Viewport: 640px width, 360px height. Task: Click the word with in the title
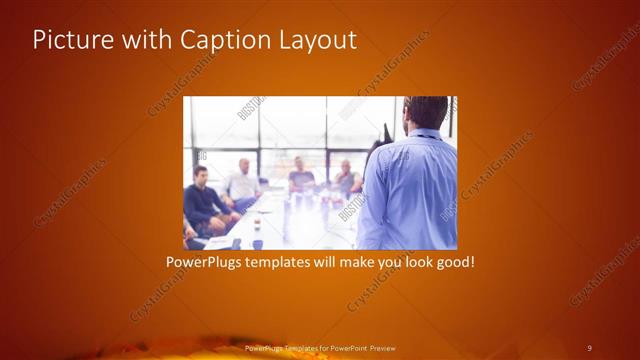(x=144, y=40)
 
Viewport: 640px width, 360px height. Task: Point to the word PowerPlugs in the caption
(x=208, y=263)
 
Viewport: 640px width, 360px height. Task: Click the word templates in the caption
(x=290, y=263)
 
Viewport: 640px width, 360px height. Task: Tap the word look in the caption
(x=412, y=263)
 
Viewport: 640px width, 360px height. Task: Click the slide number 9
(x=589, y=347)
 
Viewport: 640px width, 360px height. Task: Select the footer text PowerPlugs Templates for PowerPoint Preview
(x=320, y=347)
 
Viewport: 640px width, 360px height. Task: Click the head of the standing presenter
(x=427, y=112)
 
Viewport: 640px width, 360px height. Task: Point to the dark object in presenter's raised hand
(x=384, y=133)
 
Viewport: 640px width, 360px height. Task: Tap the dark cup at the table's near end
(x=256, y=243)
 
